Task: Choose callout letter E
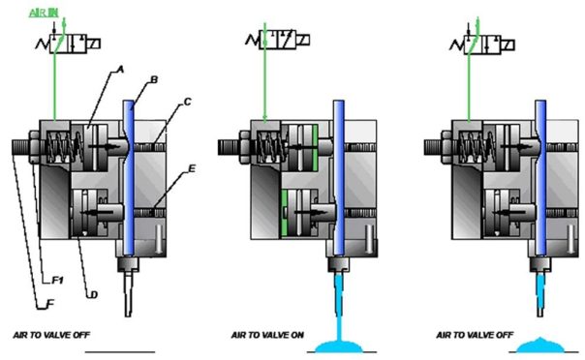point(191,167)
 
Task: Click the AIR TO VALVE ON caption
point(266,336)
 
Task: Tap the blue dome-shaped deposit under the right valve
point(540,342)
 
